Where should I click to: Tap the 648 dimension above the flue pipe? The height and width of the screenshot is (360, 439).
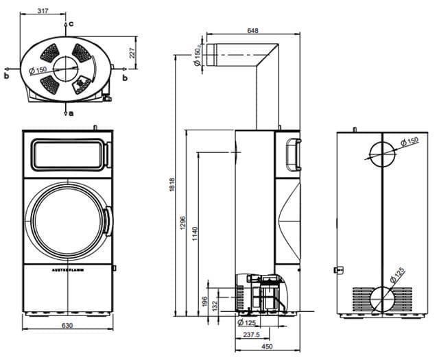point(253,30)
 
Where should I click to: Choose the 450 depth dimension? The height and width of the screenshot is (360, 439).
point(268,346)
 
